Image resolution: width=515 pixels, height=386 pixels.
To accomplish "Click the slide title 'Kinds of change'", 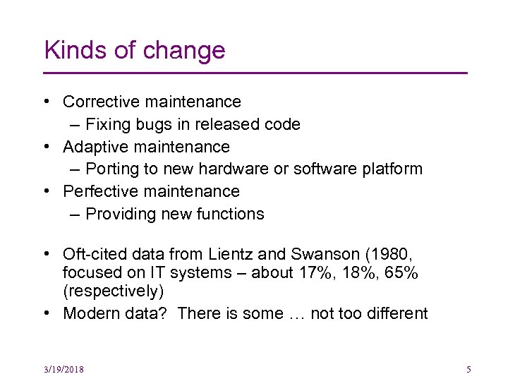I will click(x=134, y=51).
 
